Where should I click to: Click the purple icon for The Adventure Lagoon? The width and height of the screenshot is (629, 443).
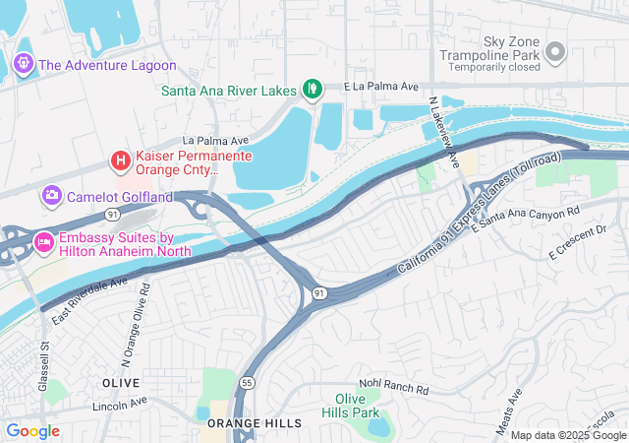click(x=24, y=65)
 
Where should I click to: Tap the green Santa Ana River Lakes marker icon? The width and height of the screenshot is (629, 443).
click(x=313, y=91)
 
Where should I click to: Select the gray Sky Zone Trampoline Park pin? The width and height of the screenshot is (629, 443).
click(x=555, y=51)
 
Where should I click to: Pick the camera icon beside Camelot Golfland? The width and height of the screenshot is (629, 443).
click(x=51, y=196)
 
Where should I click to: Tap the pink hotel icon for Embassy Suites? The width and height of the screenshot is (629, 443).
click(x=43, y=240)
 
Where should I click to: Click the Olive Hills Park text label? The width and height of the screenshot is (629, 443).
click(x=351, y=405)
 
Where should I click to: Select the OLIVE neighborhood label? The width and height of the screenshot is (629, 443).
click(x=121, y=380)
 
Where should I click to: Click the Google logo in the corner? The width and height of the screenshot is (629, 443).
click(x=32, y=430)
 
